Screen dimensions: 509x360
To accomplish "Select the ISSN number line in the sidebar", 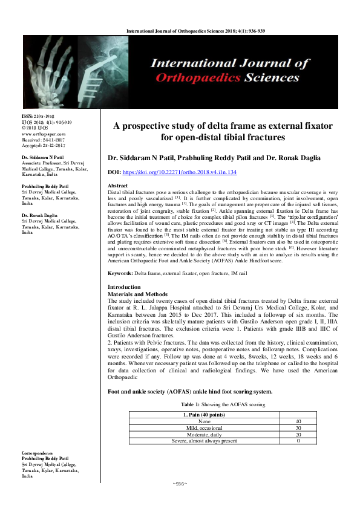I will click(x=37, y=115).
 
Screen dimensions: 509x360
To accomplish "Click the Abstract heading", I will click(x=117, y=186).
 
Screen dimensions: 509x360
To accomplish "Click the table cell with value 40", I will click(x=297, y=421).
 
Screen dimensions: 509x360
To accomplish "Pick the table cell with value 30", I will click(x=297, y=427).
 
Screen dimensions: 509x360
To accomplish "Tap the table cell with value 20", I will click(x=297, y=434).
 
